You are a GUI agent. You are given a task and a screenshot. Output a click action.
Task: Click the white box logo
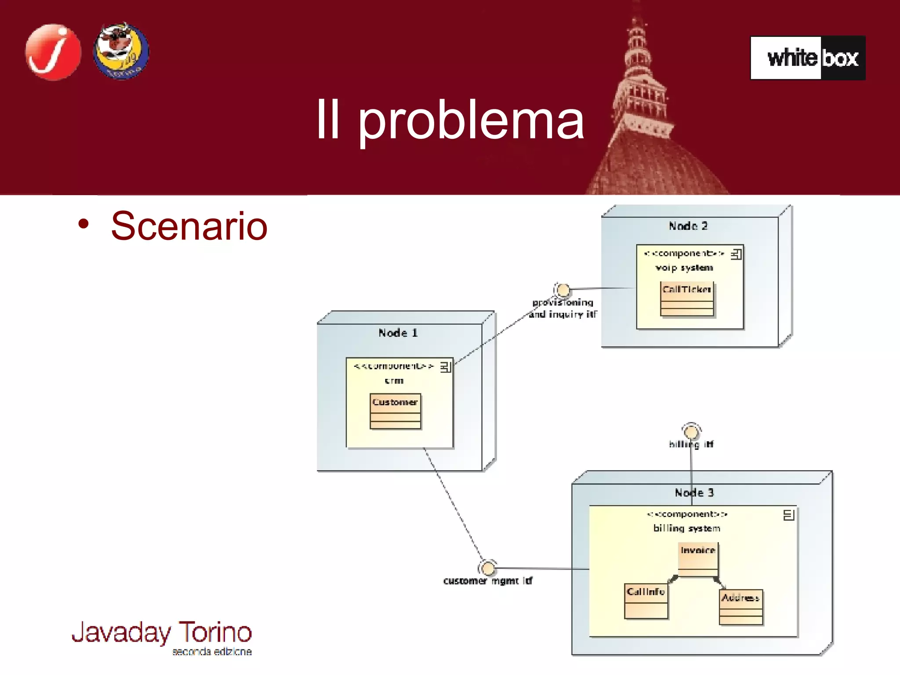(808, 58)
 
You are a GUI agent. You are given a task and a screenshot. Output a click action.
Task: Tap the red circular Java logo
(53, 52)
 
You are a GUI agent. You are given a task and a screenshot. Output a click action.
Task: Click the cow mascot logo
(121, 51)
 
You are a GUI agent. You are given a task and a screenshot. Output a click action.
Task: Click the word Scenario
(189, 226)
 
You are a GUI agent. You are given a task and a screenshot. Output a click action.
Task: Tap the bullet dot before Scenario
(83, 224)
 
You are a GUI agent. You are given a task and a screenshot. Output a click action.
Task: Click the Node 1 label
(398, 333)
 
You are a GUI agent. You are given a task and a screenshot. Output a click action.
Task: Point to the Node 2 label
(688, 226)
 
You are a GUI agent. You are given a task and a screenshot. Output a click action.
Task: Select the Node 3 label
(694, 493)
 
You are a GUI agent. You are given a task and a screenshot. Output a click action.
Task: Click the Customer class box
(395, 411)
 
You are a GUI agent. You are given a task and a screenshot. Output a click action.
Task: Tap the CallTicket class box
(686, 298)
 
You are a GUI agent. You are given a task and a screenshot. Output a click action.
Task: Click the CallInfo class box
(646, 601)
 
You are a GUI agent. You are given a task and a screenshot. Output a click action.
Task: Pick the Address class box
(740, 607)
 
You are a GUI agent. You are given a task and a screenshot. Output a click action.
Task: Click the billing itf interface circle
(691, 432)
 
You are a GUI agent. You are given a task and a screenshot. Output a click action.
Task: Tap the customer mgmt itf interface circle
(488, 568)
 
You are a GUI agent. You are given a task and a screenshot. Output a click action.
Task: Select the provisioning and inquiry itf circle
(563, 290)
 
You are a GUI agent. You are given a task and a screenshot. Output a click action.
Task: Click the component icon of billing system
(788, 515)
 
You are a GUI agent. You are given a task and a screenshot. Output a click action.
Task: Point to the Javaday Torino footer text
(162, 633)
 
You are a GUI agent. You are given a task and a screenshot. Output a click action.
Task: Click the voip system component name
(684, 268)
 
